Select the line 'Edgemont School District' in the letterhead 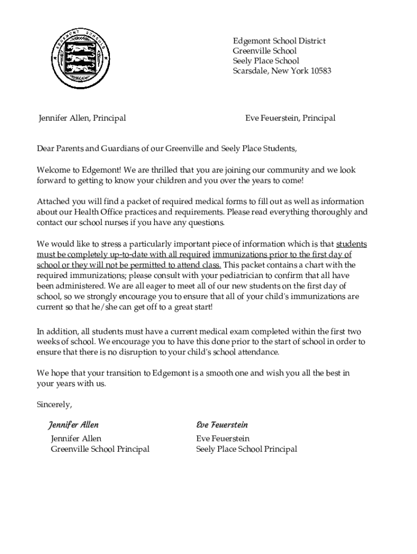click(x=279, y=42)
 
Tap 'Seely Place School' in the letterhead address click(x=265, y=61)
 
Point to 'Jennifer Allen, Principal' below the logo click(x=82, y=118)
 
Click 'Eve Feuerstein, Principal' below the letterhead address click(x=290, y=118)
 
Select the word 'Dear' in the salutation click(x=46, y=148)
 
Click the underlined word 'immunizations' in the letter click(x=240, y=255)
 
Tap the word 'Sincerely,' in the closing click(x=54, y=404)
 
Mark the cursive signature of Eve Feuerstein click(x=222, y=425)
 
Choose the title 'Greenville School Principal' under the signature click(x=100, y=449)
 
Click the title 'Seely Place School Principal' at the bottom click(x=246, y=449)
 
